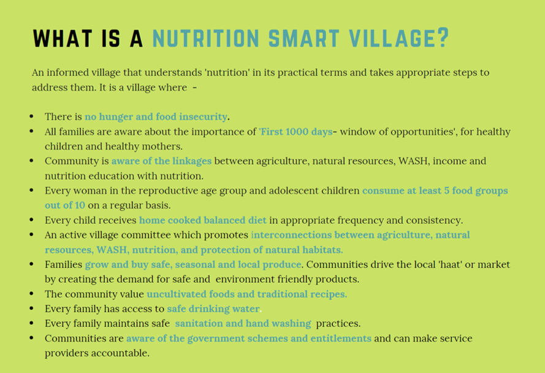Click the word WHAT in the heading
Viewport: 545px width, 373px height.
[x=63, y=38]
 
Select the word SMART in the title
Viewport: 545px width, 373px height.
[x=304, y=38]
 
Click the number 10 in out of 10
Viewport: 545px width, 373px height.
[x=80, y=206]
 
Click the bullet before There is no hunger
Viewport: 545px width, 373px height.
[x=32, y=116]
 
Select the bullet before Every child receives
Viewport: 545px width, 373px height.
[x=32, y=220]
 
